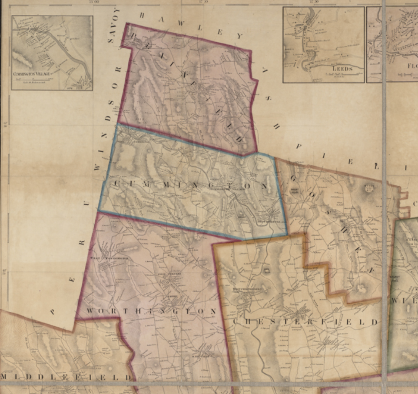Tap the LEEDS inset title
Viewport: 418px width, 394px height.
click(x=342, y=68)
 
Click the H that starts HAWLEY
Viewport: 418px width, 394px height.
click(x=142, y=15)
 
